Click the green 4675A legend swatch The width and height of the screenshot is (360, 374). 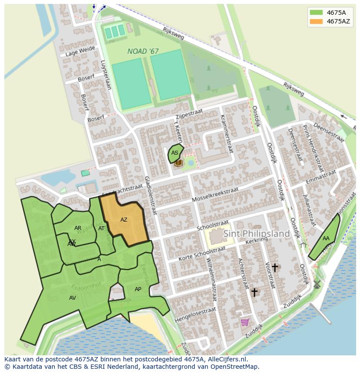tap(316, 13)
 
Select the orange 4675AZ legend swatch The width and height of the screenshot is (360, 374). tap(316, 21)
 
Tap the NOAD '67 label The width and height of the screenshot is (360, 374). tap(143, 51)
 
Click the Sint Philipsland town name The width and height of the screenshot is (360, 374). tap(257, 234)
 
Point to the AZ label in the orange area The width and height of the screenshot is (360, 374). tap(124, 220)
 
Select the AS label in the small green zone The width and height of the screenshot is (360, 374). tap(174, 153)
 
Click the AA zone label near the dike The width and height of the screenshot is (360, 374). tap(326, 238)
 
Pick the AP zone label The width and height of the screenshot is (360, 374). tap(138, 289)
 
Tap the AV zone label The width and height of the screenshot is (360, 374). tap(73, 298)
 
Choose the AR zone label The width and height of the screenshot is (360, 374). tap(78, 228)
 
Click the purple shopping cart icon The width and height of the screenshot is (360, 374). tap(244, 322)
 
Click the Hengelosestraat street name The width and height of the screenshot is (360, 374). tap(195, 315)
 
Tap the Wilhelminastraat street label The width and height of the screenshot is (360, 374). tap(211, 281)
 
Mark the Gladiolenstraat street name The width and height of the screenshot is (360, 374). tap(150, 195)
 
